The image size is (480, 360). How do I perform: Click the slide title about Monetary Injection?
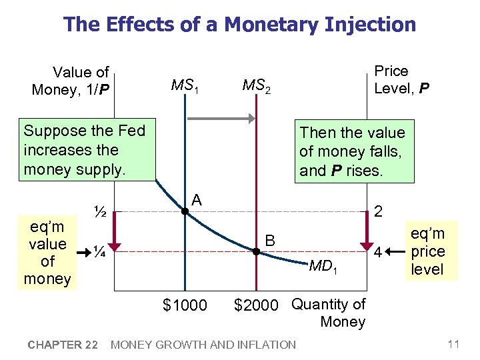click(239, 25)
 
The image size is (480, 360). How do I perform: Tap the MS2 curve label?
click(256, 85)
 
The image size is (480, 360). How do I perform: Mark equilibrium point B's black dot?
click(255, 251)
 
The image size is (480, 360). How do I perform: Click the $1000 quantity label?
click(185, 305)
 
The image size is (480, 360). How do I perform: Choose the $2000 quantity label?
click(256, 305)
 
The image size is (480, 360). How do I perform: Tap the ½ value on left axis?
click(101, 213)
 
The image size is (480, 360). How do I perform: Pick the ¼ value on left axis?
click(101, 251)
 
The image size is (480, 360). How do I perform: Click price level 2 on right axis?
click(378, 212)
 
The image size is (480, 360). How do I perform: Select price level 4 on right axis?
click(378, 253)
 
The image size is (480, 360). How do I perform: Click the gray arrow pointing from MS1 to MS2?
click(221, 119)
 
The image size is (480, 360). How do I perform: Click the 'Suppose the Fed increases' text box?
click(84, 149)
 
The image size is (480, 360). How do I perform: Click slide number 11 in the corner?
click(454, 344)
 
